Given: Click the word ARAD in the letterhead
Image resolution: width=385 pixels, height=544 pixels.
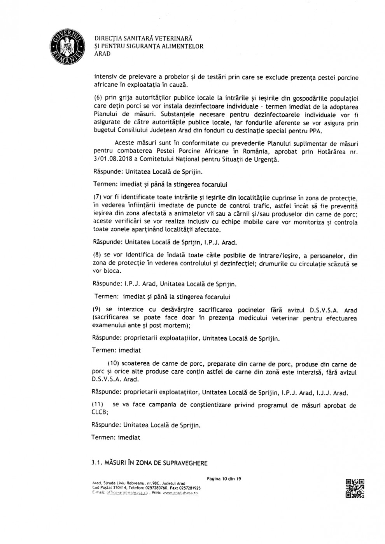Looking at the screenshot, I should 102,54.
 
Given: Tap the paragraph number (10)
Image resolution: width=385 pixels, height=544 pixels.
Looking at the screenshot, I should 113,364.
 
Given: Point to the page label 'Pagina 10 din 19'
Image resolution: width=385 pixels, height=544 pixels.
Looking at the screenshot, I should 224,479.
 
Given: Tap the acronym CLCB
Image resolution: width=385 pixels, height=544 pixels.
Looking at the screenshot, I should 99,412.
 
